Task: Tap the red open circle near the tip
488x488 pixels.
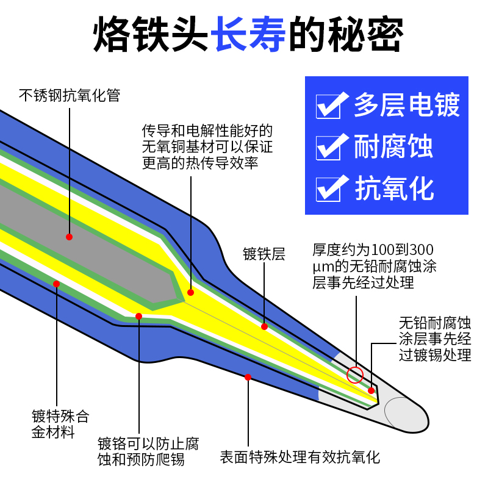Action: [355, 374]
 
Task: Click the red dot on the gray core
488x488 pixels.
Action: [69, 236]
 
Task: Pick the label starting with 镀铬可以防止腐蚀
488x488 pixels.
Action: [147, 451]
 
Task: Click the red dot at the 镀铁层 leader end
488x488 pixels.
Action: [264, 326]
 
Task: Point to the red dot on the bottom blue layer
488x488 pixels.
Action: [248, 377]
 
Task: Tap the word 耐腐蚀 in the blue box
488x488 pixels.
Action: [393, 147]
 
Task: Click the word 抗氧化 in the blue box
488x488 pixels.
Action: [393, 187]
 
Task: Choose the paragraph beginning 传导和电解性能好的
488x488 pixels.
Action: [207, 147]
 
